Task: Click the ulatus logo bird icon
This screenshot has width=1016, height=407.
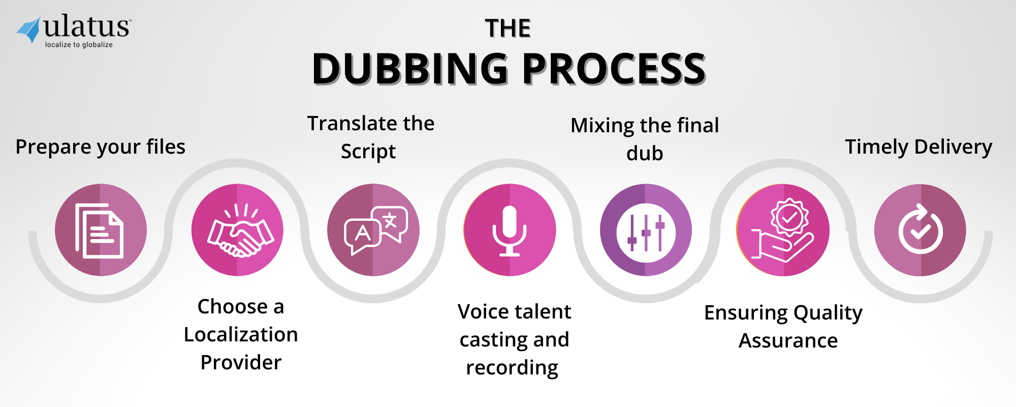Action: point(29,30)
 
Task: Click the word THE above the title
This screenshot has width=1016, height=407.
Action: point(507,28)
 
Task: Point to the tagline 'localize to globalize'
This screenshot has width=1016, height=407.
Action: point(79,45)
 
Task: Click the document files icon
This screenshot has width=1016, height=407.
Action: point(100,230)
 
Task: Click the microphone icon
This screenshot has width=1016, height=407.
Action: point(510,230)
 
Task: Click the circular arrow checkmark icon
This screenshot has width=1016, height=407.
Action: point(920,230)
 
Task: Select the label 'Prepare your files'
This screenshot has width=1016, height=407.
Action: point(100,147)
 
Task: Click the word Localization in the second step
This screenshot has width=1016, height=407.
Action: point(241,335)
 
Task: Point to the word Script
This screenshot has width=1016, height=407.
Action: point(368,152)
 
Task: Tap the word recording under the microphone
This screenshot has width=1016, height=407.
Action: point(512,368)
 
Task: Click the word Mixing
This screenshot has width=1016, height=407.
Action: point(602,126)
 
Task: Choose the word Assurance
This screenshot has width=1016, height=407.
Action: point(788,340)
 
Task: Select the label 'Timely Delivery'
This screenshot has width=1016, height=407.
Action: point(918,147)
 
